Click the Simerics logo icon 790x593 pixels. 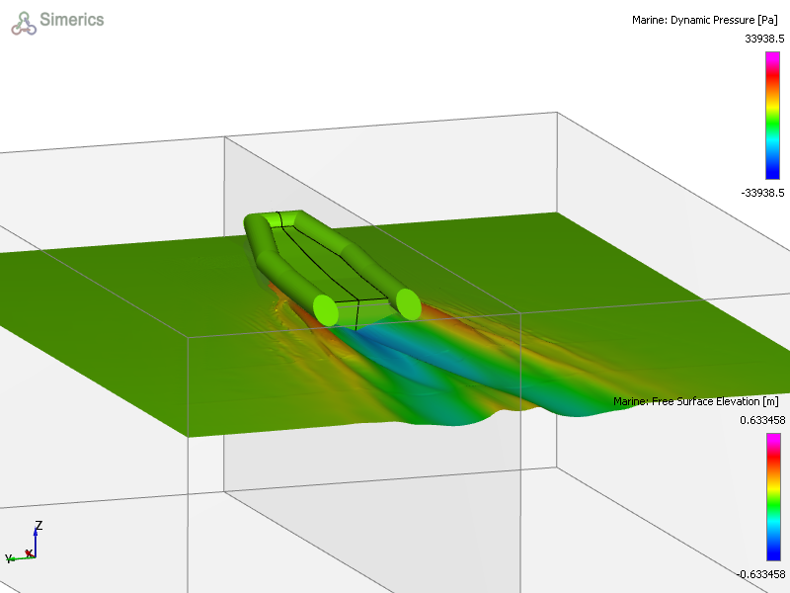coord(24,24)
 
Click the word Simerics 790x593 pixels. coord(72,20)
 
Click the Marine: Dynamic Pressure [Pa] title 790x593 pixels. coord(705,20)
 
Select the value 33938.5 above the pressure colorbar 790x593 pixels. coord(764,39)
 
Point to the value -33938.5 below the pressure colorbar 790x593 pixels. coord(762,193)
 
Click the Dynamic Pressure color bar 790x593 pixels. coord(772,116)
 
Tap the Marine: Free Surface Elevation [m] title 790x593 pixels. coord(696,401)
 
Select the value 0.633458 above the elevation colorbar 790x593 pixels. coord(762,420)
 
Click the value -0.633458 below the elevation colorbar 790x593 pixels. coord(760,574)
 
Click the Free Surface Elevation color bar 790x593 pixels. coord(773,497)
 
